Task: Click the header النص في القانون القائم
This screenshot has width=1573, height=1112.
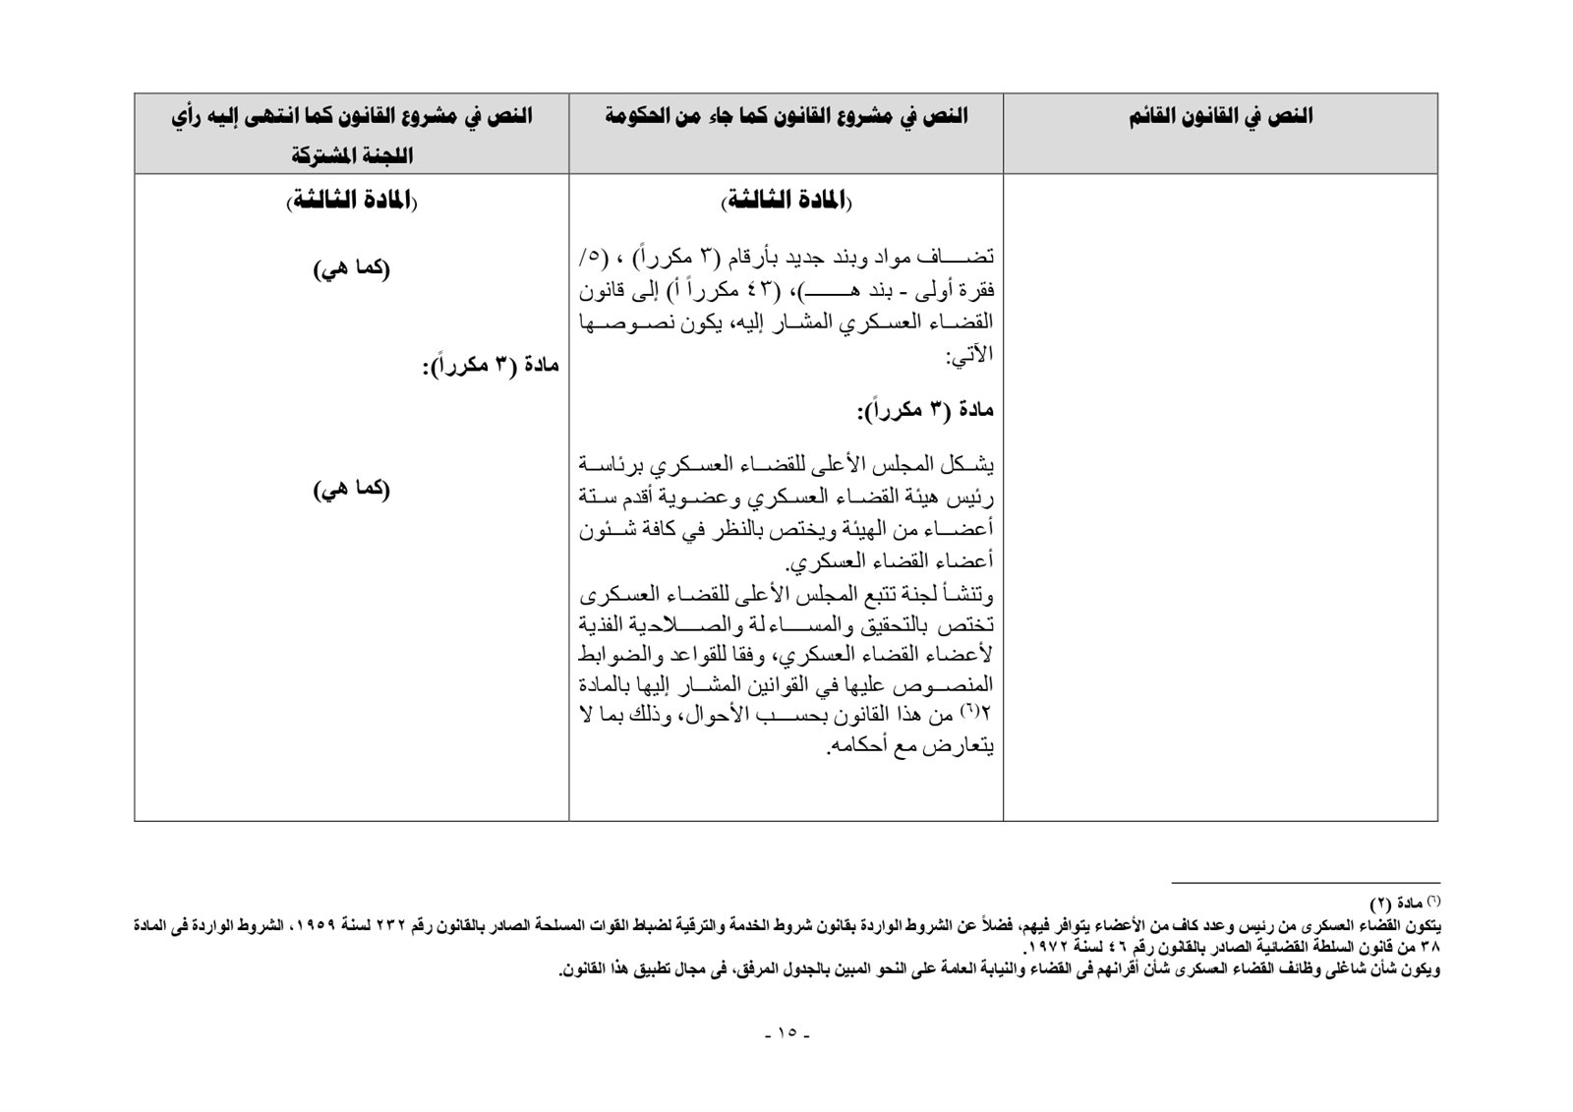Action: pyautogui.click(x=1220, y=117)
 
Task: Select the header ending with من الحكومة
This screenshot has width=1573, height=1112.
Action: pyautogui.click(x=786, y=117)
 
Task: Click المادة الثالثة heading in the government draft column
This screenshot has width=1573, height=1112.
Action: pyautogui.click(x=786, y=202)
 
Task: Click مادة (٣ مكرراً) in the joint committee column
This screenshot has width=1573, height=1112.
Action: pyautogui.click(x=491, y=367)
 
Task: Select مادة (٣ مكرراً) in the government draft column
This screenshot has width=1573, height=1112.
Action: pyautogui.click(x=925, y=411)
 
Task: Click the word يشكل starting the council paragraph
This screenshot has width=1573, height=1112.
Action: pyautogui.click(x=968, y=463)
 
